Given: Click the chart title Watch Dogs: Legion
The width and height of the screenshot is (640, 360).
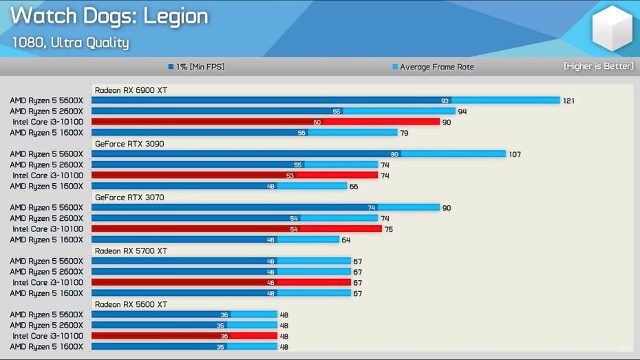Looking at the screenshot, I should click(x=109, y=17).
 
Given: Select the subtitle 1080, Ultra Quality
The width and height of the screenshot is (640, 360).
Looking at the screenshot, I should click(x=70, y=43).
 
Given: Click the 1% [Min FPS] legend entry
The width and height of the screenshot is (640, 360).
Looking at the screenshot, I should click(x=196, y=67).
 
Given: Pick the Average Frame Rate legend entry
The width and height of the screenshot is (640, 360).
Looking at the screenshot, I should click(x=433, y=67).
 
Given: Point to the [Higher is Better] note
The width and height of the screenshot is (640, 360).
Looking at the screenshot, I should click(x=598, y=66).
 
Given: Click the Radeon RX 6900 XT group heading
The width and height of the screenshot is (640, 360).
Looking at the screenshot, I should click(x=131, y=90).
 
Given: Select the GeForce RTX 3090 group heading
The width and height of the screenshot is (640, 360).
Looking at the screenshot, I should click(x=129, y=144).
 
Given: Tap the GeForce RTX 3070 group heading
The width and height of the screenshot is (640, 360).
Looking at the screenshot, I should click(x=129, y=198).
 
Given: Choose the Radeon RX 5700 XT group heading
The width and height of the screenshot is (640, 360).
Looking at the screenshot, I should click(x=131, y=251).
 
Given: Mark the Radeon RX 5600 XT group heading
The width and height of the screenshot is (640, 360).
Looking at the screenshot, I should click(x=131, y=304).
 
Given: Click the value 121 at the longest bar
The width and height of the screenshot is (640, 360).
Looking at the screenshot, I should click(x=568, y=100).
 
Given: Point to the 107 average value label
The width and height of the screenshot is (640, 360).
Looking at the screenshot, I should click(x=515, y=154).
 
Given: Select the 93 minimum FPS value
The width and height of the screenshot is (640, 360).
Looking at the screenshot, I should click(x=445, y=100).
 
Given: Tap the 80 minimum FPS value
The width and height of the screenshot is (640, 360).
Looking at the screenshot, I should click(x=394, y=154).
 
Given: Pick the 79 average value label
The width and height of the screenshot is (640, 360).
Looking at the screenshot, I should click(x=405, y=133).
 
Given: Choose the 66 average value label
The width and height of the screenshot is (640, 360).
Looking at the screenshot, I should click(x=354, y=186).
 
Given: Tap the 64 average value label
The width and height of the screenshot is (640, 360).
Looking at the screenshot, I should click(x=346, y=240).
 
